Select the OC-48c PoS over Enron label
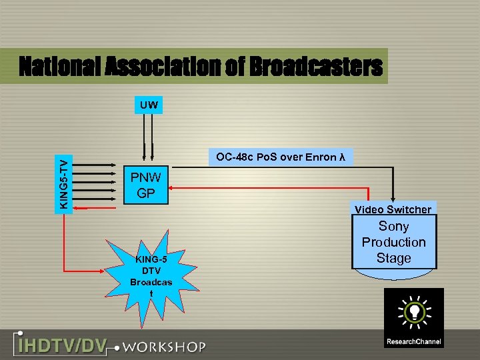[x=280, y=158]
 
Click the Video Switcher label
[x=393, y=209]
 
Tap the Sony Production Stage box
[x=393, y=242]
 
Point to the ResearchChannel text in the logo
[x=413, y=342]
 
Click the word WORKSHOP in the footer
[x=164, y=347]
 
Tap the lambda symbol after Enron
[x=342, y=158]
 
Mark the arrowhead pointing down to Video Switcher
[x=394, y=197]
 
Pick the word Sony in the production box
[x=393, y=226]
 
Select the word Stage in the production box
[x=393, y=258]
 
